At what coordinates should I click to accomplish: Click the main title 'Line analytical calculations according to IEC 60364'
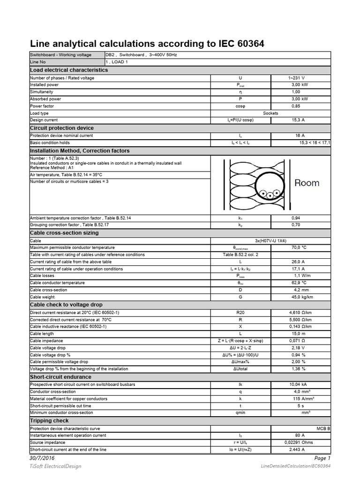pos(147,44)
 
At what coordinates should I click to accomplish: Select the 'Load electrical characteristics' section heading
pos(69,70)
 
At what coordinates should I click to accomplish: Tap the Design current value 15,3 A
pos(297,120)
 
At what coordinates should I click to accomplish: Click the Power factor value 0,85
pos(297,106)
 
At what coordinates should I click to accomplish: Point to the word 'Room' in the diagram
pos(307,183)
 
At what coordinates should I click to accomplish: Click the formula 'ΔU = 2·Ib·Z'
pos(240,348)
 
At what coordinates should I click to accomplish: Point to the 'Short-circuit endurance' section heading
pos(60,377)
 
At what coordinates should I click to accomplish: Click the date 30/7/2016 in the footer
pos(42,458)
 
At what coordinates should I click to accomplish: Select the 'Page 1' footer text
pos(322,458)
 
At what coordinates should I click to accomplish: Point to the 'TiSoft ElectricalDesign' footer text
pos(55,466)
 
